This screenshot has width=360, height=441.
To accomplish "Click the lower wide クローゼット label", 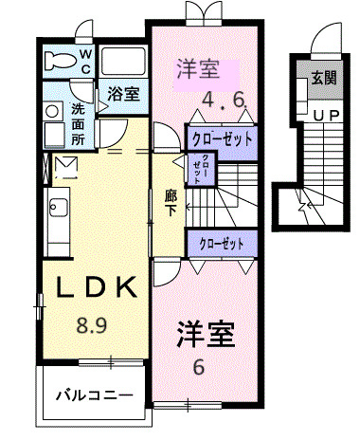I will pyautogui.click(x=220, y=244).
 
